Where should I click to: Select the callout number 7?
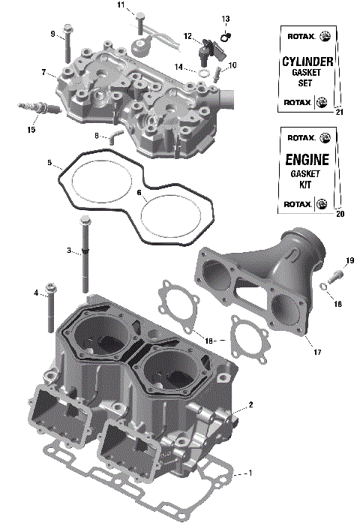click(43, 72)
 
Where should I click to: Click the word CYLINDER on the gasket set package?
click(307, 61)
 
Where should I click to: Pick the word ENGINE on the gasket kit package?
click(307, 160)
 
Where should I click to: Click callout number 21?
click(339, 112)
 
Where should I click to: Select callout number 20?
click(339, 213)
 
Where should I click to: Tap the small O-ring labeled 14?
click(203, 73)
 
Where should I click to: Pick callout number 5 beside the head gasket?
click(49, 163)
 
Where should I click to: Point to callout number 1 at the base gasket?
click(250, 473)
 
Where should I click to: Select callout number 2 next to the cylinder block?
click(250, 404)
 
